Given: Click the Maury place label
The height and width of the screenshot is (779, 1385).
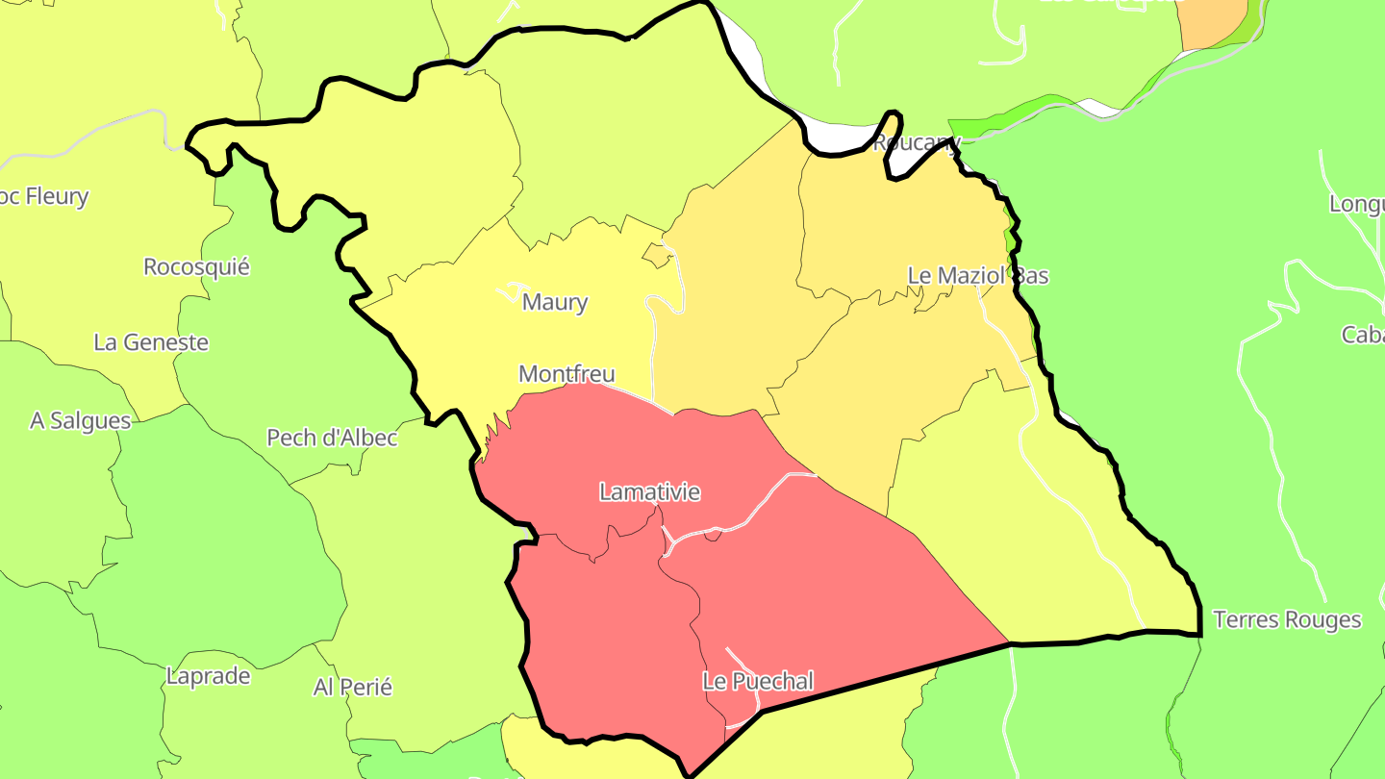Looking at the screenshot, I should click(554, 302).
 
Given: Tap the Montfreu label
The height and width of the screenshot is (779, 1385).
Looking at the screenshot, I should click(567, 373).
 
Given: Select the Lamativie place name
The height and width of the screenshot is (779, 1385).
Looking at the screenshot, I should click(649, 492).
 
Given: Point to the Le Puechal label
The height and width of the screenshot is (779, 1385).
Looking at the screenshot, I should click(758, 682).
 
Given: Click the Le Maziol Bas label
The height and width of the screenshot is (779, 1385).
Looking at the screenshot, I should click(978, 276).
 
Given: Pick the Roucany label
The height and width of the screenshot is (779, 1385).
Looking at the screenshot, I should click(916, 143).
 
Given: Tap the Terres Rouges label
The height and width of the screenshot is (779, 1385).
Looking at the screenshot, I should click(1287, 619).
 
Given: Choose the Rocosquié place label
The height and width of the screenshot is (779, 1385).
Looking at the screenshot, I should click(196, 266).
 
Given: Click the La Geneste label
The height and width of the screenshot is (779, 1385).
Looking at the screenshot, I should click(151, 342).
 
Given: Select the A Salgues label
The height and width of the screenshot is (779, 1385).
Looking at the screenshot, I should click(81, 421).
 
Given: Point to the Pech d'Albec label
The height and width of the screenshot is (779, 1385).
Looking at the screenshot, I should click(332, 438).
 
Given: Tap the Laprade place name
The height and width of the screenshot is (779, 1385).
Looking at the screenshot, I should click(208, 676).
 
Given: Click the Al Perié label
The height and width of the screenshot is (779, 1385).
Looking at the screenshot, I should click(353, 688).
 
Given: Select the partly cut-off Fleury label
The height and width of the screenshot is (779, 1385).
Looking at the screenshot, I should click(45, 197).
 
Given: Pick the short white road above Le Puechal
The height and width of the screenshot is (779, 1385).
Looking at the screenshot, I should click(743, 664).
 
